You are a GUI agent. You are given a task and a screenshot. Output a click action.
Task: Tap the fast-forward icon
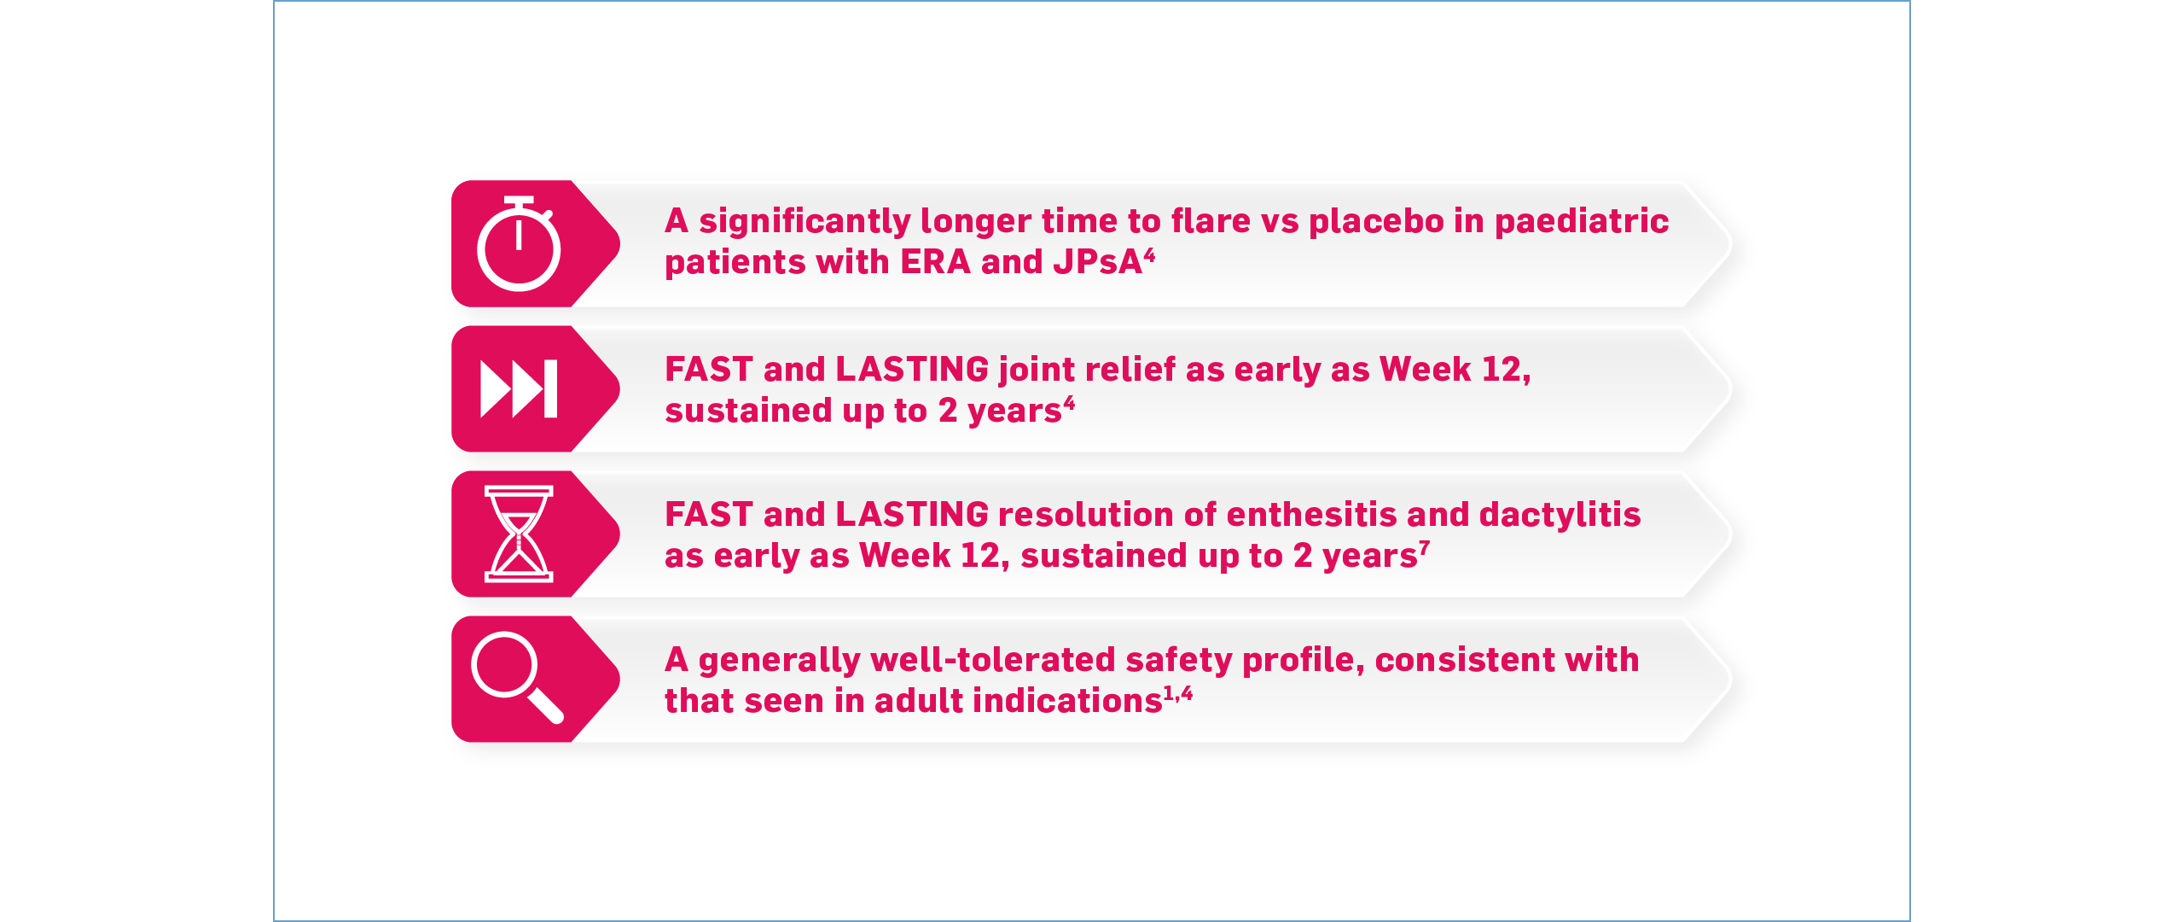tap(519, 389)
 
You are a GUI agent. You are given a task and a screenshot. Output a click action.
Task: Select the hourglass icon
tap(519, 534)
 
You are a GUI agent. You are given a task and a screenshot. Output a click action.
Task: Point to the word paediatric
tap(1581, 221)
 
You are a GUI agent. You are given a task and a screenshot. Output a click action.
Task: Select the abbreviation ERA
tap(935, 262)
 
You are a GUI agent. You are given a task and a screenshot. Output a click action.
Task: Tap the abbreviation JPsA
tap(1097, 262)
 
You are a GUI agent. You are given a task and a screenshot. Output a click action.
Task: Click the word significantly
tap(804, 221)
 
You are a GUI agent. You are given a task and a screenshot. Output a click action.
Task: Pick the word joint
tap(1037, 370)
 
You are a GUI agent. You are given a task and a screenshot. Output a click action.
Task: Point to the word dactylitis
tap(1560, 515)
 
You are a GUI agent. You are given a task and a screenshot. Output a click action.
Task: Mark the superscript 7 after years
tap(1424, 547)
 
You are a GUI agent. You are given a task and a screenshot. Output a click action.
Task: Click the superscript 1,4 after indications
tap(1178, 693)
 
